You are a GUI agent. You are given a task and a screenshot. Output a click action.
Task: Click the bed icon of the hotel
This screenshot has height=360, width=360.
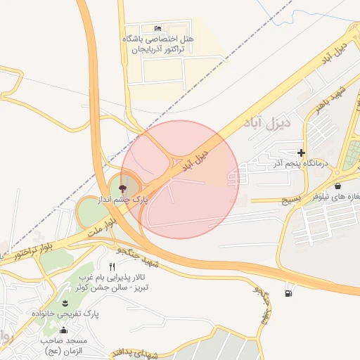157,27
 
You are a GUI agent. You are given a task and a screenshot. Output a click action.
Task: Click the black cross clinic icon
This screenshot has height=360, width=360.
302,153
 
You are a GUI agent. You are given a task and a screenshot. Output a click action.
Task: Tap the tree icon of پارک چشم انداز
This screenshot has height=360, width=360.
123,188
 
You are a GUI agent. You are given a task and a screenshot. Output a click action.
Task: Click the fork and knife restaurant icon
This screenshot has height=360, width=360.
112,267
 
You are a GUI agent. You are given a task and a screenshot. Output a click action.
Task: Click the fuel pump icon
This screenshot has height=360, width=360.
288,292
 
